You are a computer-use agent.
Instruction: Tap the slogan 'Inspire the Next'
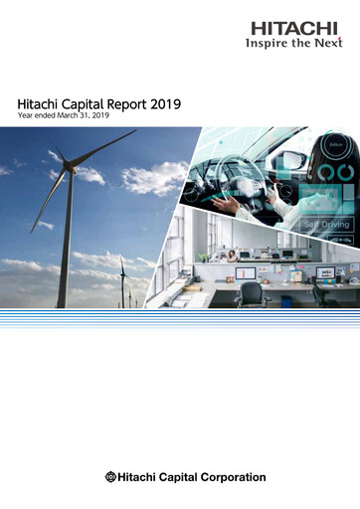coord(293,43)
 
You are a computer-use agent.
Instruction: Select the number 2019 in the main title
coord(172,102)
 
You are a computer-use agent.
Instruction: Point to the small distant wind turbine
coord(122,278)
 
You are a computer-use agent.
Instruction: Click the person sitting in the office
coord(233,256)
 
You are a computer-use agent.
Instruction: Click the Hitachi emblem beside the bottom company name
coord(110,477)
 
